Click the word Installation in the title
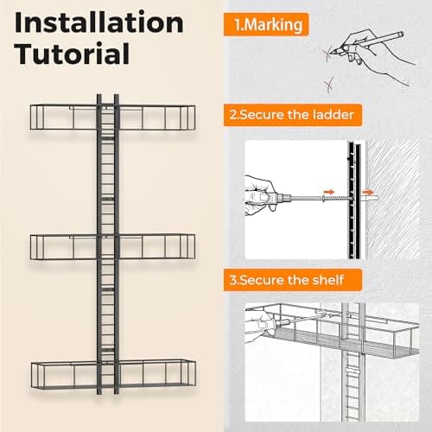[x=98, y=23]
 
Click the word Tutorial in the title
[x=72, y=54]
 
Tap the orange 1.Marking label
[x=266, y=24]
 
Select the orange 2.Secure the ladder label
[x=293, y=115]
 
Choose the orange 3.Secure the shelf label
[x=293, y=280]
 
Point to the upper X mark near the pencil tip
[x=327, y=54]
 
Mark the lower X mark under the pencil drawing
[x=328, y=85]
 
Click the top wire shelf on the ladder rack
[x=113, y=117]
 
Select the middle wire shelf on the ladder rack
[x=113, y=247]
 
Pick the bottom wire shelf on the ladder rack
[x=113, y=374]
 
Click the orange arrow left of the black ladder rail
[x=329, y=192]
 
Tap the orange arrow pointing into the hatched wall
[x=368, y=192]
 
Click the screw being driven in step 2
[x=336, y=199]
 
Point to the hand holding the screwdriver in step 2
[x=261, y=195]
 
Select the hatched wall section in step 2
[x=393, y=200]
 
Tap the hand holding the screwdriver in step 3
[x=260, y=324]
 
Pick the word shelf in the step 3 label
[x=329, y=280]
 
